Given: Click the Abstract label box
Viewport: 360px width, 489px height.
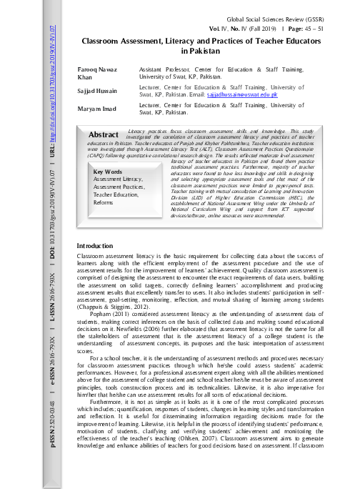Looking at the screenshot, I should point(104,134).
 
